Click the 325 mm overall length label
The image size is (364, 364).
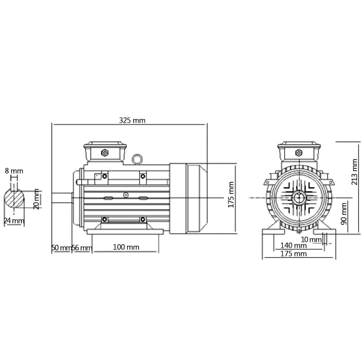point(132,120)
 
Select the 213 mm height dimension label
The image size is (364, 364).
point(354,172)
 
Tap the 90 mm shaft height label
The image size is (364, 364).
point(344,214)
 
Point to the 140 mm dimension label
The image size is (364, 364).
point(293,245)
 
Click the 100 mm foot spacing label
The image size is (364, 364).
point(126,247)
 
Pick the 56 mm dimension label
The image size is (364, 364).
point(82,248)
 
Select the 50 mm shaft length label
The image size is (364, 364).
point(61,248)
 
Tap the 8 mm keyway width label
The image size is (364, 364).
point(14,171)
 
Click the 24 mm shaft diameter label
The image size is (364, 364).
point(14,221)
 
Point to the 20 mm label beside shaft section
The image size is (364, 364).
point(36,199)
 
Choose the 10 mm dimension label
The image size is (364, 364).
point(310,240)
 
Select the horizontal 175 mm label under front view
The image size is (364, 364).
point(293,253)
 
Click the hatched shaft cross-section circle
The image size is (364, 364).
point(15,199)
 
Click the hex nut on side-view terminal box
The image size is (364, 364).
point(105,152)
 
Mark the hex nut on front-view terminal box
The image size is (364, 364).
point(299,152)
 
